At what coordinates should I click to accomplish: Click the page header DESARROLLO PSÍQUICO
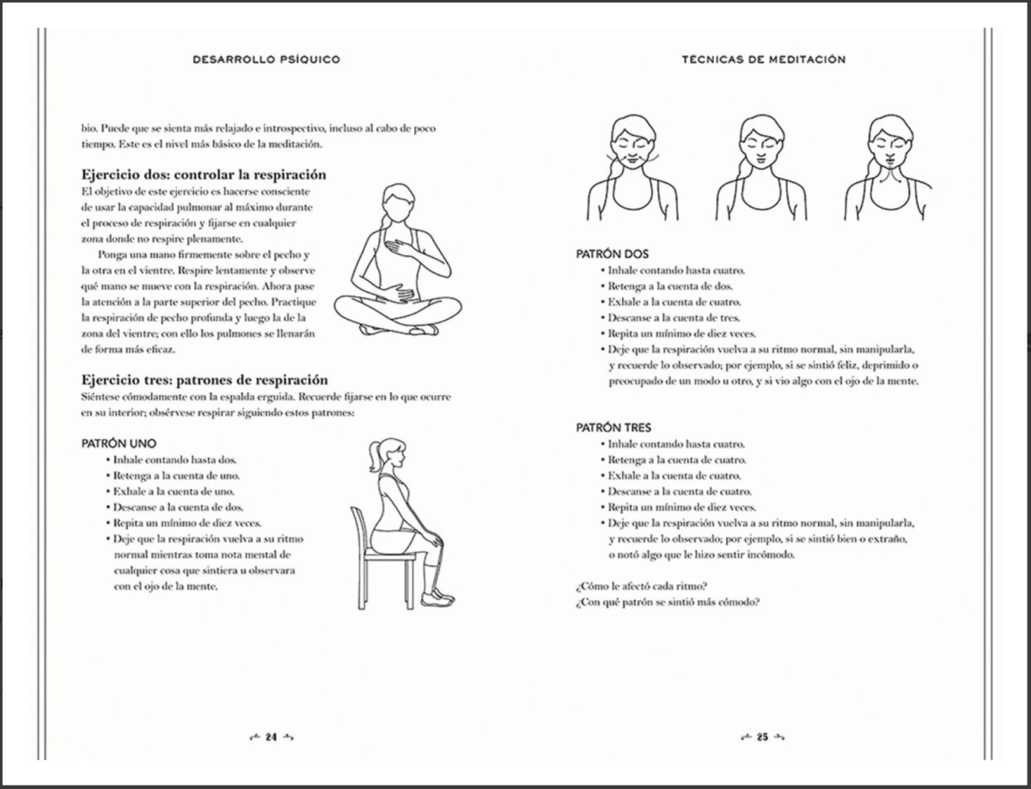267,59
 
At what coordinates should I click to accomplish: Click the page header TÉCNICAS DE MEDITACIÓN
763,59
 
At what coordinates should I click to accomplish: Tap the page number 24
271,737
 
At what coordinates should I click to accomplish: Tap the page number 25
762,737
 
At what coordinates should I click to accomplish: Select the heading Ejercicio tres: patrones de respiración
204,379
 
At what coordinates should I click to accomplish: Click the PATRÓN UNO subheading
119,443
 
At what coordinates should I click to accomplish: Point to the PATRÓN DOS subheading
612,254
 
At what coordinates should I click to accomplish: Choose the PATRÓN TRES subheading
613,427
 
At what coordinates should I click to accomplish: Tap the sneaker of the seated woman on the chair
440,596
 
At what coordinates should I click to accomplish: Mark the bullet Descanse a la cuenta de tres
674,317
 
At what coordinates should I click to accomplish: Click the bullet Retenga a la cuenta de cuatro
677,460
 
